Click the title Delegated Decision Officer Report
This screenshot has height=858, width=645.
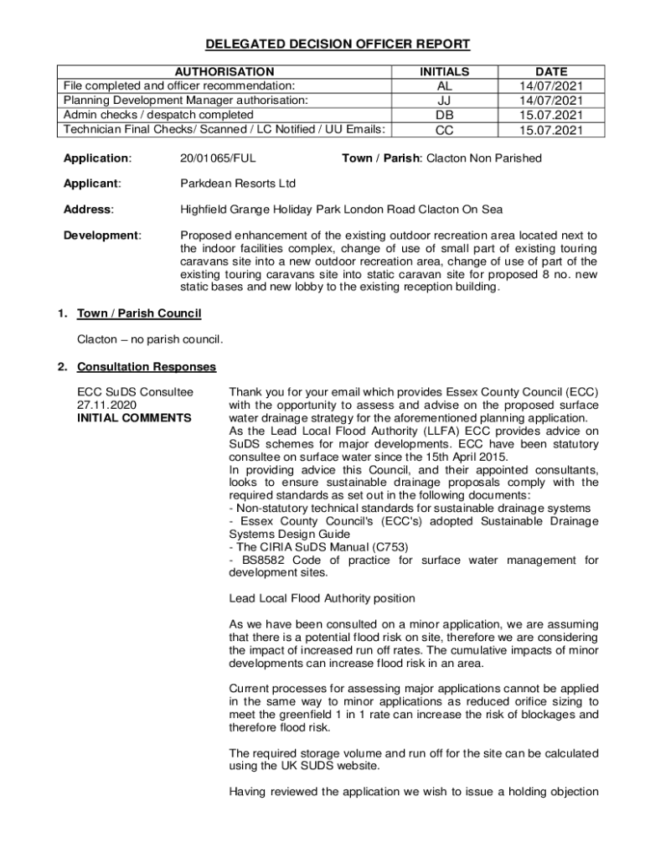click(x=326, y=44)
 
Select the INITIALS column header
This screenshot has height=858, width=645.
click(x=444, y=72)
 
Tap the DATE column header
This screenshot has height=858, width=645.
click(x=550, y=72)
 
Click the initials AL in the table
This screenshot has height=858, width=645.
click(x=444, y=86)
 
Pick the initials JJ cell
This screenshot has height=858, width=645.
click(x=444, y=101)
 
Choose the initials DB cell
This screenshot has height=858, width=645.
click(x=444, y=115)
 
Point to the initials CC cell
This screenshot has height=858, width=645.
click(x=444, y=130)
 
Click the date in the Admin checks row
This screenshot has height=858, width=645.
click(x=550, y=115)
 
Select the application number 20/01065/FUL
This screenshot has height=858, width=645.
click(x=219, y=158)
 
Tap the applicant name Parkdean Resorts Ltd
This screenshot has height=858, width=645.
click(x=238, y=183)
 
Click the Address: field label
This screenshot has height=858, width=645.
click(x=89, y=209)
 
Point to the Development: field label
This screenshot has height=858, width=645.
click(x=102, y=235)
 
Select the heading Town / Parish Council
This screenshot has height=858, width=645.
click(x=139, y=314)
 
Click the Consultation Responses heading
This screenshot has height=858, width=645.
click(x=147, y=367)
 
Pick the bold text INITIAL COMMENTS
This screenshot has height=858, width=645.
click(x=134, y=418)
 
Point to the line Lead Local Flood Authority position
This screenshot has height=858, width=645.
click(x=322, y=598)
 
